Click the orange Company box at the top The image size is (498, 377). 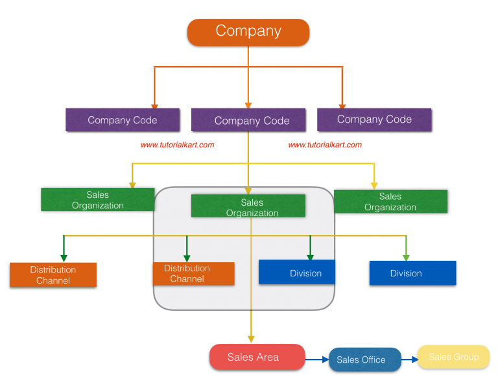(248, 32)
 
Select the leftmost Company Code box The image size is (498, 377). (122, 120)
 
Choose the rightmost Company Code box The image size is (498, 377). (374, 119)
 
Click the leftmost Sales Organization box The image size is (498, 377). (97, 200)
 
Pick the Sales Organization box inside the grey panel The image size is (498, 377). (248, 206)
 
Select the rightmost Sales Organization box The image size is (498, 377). (390, 201)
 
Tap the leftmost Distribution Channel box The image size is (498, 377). (53, 275)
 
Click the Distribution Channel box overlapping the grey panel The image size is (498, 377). (193, 273)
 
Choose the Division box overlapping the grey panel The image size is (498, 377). (297, 273)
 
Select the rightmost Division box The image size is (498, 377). (412, 273)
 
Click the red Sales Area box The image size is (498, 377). (257, 357)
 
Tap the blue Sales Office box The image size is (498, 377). (361, 359)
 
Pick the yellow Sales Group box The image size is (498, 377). (453, 357)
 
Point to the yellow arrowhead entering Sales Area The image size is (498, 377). (251, 338)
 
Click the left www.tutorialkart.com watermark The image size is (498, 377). (177, 145)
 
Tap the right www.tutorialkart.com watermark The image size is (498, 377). (325, 145)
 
